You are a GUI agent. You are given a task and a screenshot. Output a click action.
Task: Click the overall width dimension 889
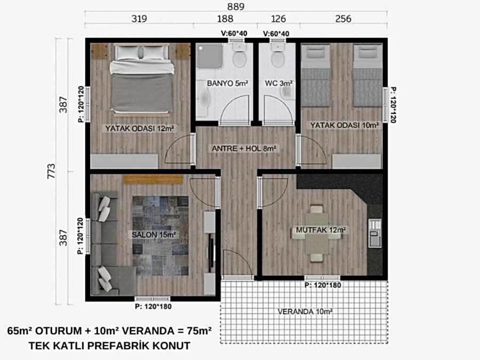coord(236,7)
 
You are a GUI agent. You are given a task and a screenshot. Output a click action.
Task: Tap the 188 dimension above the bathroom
coord(225,19)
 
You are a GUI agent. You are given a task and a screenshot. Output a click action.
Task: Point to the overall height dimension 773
coord(51,171)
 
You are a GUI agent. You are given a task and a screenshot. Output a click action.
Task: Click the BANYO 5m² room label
coord(227,83)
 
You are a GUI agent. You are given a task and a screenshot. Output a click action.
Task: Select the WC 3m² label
coord(278,83)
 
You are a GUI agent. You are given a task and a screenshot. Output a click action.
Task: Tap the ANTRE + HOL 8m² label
coord(244,149)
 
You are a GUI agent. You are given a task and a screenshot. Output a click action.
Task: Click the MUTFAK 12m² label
coord(321,230)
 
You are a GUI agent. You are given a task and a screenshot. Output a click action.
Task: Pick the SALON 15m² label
coord(154,235)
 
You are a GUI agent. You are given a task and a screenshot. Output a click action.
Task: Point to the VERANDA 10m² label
coord(305,311)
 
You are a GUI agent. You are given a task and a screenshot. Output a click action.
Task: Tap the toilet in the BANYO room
coord(239,55)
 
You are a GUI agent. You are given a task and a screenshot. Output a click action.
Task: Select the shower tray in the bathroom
coord(209,56)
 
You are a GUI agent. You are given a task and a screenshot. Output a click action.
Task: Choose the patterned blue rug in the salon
coord(161,236)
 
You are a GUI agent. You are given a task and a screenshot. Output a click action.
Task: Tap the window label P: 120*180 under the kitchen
coord(323,285)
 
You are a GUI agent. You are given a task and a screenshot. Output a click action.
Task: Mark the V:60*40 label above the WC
coord(276,34)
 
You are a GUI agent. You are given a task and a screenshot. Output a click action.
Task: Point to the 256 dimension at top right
coord(343,19)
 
